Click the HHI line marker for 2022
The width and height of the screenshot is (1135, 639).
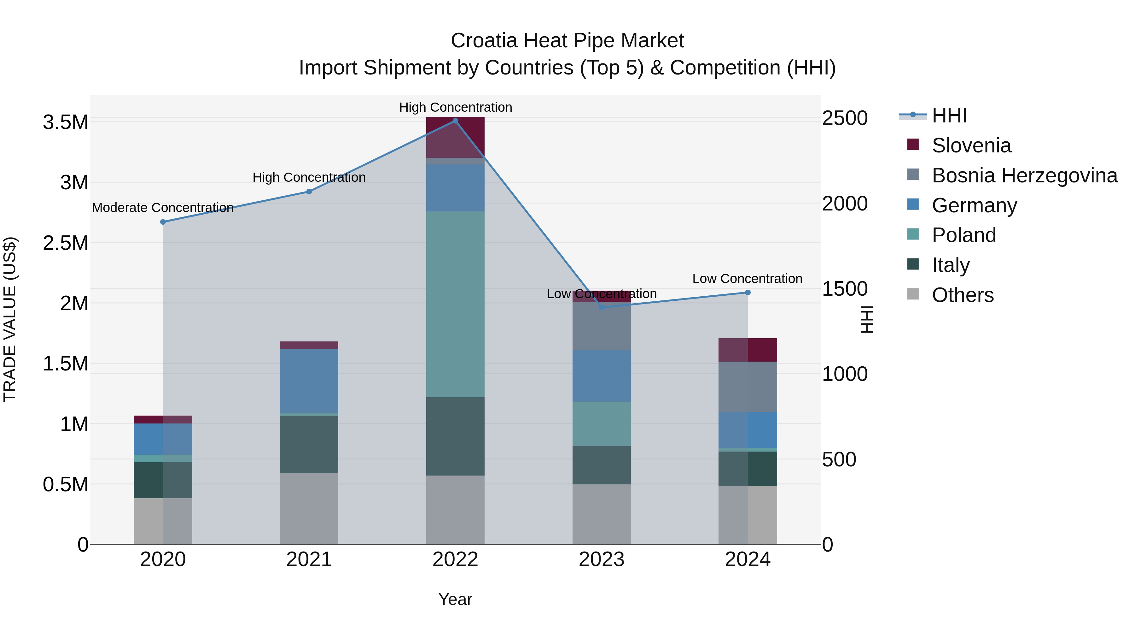coord(455,121)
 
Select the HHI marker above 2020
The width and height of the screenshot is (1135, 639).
coord(163,222)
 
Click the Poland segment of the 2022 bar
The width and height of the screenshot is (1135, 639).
coord(455,304)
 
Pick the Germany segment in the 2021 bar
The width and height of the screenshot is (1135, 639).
coord(309,381)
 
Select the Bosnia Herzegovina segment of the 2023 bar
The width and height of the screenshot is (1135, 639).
coord(602,326)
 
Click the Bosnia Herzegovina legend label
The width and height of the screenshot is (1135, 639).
coord(1024,175)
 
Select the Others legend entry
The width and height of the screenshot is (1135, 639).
coord(963,295)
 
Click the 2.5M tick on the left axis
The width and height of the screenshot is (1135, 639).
coord(65,243)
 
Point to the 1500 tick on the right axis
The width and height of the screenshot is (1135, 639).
coord(845,289)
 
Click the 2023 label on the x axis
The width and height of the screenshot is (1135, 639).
coord(602,559)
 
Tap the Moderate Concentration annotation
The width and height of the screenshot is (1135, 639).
coord(163,208)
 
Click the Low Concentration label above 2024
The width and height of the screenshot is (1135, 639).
coord(747,279)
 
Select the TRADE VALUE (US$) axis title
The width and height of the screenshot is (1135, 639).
coord(10,319)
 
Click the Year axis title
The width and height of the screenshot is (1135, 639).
coord(455,599)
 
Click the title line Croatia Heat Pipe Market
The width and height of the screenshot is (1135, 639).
coord(567,41)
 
